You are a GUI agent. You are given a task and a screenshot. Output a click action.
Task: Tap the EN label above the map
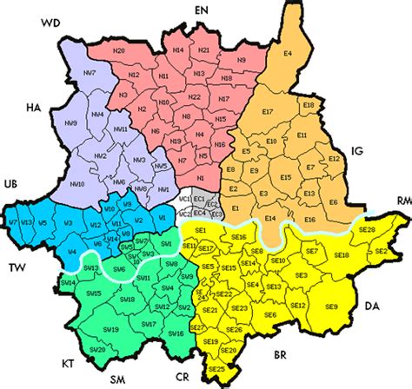[x=203, y=9]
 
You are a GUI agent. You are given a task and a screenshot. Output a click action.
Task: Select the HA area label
[x=34, y=108]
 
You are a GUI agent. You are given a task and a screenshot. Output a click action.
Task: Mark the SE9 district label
[x=332, y=306]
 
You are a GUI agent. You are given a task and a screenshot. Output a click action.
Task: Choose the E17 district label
[x=267, y=113]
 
